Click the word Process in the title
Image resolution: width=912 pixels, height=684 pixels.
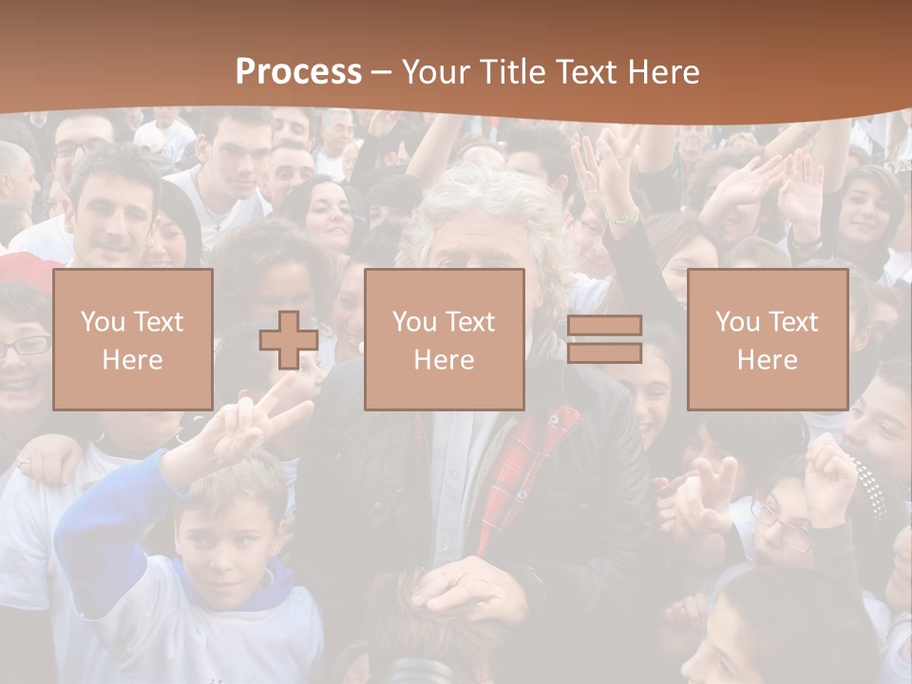pos(298,71)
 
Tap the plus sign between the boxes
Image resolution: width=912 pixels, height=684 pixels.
pos(289,340)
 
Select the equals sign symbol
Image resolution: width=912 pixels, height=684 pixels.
pos(604,339)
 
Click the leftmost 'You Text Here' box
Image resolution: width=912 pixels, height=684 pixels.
pos(133,339)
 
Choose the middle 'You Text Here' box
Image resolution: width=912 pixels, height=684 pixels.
pos(445,339)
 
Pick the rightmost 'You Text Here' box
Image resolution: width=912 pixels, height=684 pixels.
pos(768,339)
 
